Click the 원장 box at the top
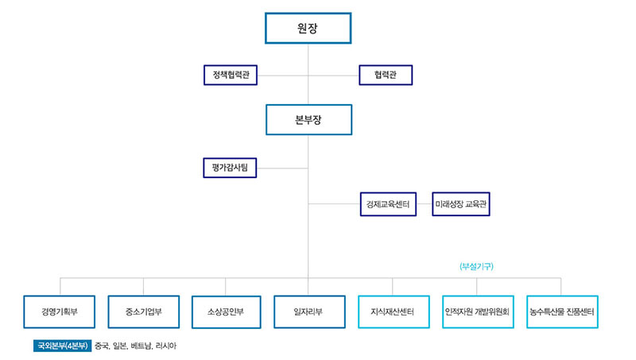pyautogui.click(x=308, y=28)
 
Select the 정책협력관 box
pyautogui.click(x=231, y=75)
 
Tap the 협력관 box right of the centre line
pyautogui.click(x=386, y=75)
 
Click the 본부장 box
pyautogui.click(x=308, y=119)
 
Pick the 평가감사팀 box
pyautogui.click(x=230, y=168)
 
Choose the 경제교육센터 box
pyautogui.click(x=388, y=204)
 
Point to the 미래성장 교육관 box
pyautogui.click(x=461, y=204)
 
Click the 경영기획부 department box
pyautogui.click(x=59, y=312)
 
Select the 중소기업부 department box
pyautogui.click(x=144, y=312)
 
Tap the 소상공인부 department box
pyautogui.click(x=226, y=312)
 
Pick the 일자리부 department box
pyautogui.click(x=309, y=312)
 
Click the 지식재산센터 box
pyautogui.click(x=394, y=312)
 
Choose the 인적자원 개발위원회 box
pyautogui.click(x=478, y=312)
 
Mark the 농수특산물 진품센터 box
pyautogui.click(x=562, y=312)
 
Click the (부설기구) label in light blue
pyautogui.click(x=476, y=266)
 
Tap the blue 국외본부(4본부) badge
pyautogui.click(x=63, y=346)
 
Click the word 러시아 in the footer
pyautogui.click(x=166, y=346)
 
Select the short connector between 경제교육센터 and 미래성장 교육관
pyautogui.click(x=425, y=204)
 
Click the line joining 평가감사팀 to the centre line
pyautogui.click(x=282, y=168)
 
